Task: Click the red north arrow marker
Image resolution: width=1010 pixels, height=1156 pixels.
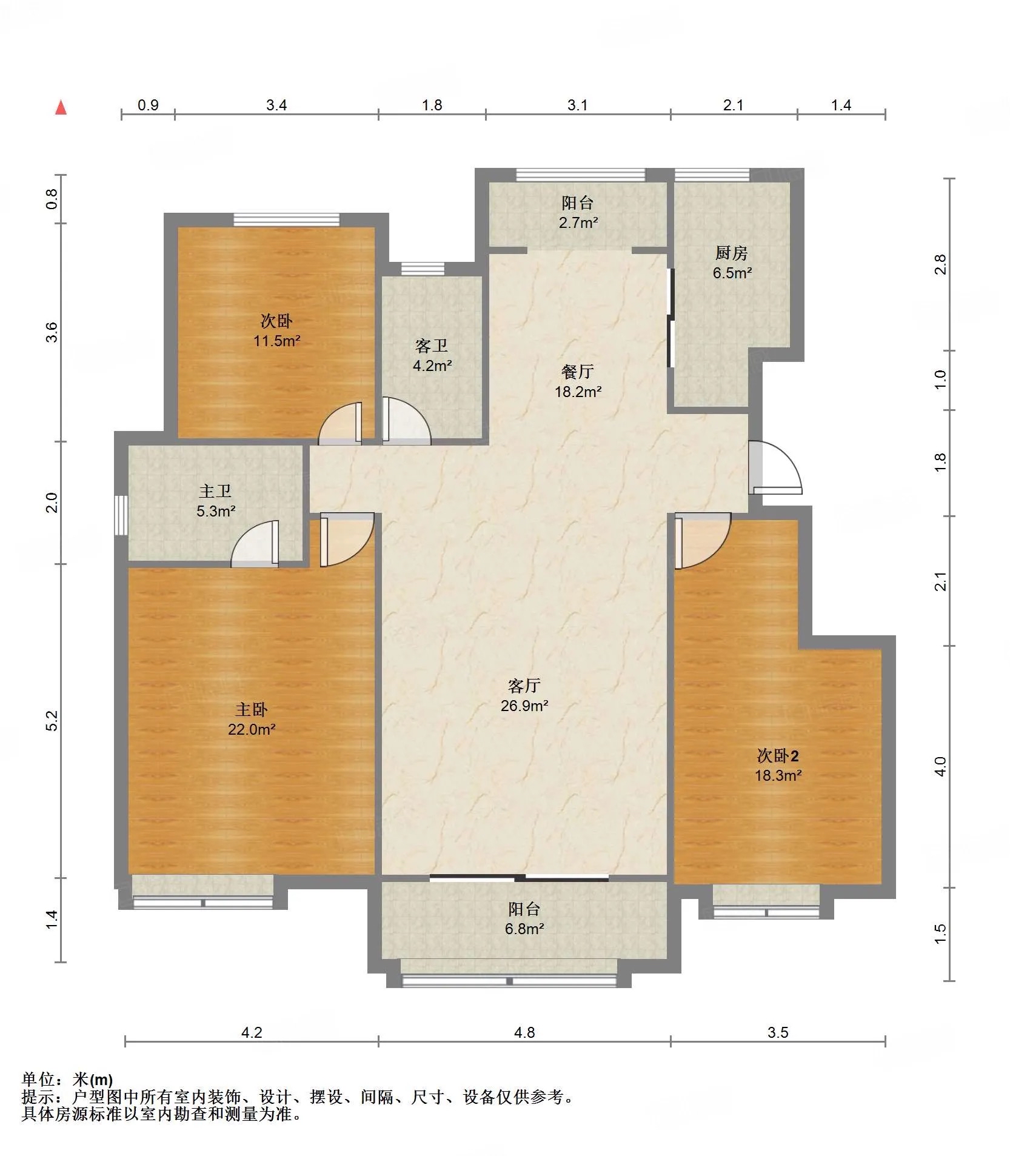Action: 61,107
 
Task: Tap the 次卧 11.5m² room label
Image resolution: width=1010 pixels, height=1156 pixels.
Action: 276,330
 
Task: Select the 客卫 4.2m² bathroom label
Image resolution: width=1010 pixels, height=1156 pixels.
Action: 432,355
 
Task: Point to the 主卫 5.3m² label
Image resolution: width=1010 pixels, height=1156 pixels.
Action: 215,501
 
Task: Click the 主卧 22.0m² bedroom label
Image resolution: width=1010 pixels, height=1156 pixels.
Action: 252,719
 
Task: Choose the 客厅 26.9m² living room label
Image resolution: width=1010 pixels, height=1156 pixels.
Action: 524,695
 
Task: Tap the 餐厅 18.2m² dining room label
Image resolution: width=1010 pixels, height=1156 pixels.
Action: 578,381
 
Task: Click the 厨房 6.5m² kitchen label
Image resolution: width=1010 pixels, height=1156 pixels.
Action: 732,262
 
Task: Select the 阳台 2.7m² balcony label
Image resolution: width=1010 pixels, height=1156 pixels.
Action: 578,212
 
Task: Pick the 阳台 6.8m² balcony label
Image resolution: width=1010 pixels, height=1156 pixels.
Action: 524,918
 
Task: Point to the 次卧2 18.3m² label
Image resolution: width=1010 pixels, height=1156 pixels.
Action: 778,765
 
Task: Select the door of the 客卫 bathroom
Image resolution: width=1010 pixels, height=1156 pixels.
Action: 406,420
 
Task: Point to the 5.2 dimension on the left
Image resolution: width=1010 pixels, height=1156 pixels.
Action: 52,720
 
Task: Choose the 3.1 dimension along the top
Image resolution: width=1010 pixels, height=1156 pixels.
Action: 577,105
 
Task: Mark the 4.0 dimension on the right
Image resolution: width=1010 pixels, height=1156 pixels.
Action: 940,766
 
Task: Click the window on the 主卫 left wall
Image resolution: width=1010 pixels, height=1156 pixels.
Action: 121,515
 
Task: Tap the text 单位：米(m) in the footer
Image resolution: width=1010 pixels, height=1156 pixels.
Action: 67,1079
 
